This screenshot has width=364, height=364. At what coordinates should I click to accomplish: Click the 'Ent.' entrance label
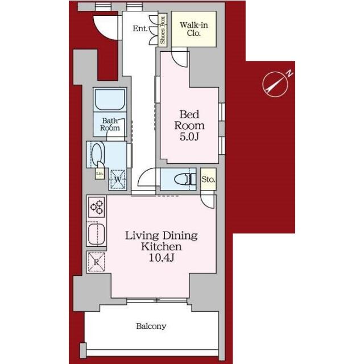(140, 28)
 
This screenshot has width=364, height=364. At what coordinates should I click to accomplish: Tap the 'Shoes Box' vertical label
(163, 30)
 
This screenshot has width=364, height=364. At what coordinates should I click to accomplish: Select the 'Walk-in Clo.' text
(194, 29)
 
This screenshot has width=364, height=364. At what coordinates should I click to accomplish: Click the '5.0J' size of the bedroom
(189, 136)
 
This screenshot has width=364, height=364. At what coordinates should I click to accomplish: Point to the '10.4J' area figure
(162, 258)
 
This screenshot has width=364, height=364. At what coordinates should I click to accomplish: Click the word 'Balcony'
(151, 326)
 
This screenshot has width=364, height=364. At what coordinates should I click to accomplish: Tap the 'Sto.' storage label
(208, 179)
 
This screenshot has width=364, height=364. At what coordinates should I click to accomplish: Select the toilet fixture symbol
(185, 180)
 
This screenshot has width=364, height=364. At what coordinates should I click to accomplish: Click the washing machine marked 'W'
(118, 179)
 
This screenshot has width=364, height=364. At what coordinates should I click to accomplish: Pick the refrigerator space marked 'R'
(96, 262)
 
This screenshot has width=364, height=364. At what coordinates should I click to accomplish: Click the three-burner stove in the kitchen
(97, 207)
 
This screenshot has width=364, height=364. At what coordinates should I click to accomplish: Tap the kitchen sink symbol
(97, 234)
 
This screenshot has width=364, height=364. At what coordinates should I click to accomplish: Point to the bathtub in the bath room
(110, 100)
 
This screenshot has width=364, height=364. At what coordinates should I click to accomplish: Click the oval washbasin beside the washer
(97, 154)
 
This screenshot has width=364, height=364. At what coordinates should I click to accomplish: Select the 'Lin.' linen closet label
(100, 173)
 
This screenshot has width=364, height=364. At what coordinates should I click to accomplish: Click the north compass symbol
(275, 84)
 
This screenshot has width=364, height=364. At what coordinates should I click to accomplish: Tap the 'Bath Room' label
(110, 125)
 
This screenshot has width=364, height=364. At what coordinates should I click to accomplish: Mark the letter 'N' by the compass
(290, 73)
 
